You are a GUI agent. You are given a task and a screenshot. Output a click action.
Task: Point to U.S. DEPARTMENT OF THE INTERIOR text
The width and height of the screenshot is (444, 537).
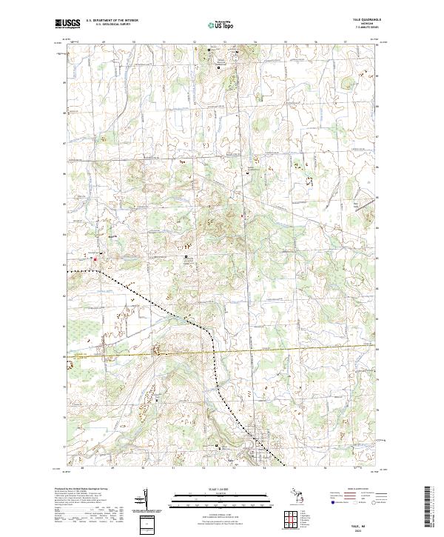pyautogui.click(x=112, y=21)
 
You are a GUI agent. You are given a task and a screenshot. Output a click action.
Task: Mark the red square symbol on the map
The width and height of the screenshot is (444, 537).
pyautogui.click(x=95, y=259)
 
